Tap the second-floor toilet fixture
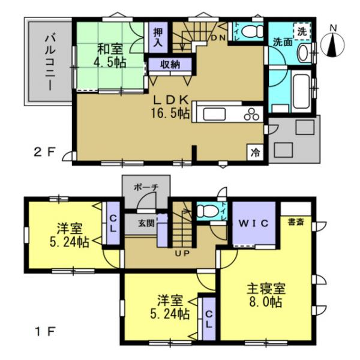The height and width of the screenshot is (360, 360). point(253,30)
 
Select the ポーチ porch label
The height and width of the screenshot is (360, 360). point(146,187)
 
